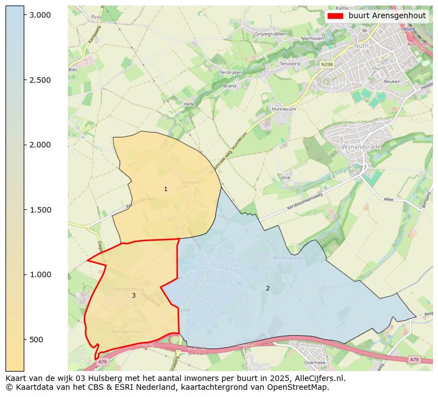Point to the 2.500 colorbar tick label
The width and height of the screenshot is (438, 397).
pos(40,80)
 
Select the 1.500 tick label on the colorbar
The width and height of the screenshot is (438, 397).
pos(40,210)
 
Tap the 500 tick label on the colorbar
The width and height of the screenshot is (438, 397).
pos(36,340)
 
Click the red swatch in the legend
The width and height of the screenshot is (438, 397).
pos(335,16)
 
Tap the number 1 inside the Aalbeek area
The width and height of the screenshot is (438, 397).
pos(165,189)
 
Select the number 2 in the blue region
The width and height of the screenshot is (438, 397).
pos(268,288)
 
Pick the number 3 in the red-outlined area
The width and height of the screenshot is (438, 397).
pos(133,296)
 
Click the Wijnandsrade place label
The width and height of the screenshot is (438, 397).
pos(361,148)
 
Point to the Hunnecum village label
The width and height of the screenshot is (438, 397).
pos(284,109)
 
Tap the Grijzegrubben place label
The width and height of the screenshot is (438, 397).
pos(270,34)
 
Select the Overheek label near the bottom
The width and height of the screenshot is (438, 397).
pos(315,363)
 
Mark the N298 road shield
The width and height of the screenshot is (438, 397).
pos(327,65)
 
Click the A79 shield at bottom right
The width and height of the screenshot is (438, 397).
pos(414,359)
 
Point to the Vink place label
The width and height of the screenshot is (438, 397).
pos(286,178)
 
